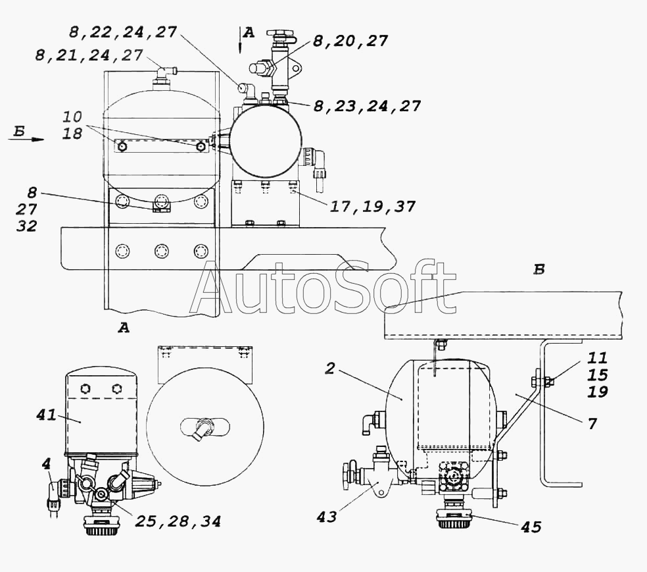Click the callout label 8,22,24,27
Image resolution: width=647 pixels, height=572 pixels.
[x=123, y=32]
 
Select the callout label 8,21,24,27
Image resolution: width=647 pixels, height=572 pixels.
[x=89, y=55]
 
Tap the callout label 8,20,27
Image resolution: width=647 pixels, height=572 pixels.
[x=350, y=41]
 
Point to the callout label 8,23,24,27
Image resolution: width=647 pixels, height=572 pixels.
[x=367, y=106]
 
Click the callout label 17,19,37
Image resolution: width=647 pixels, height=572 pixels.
[x=372, y=207]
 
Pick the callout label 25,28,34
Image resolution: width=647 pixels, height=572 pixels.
[x=178, y=521]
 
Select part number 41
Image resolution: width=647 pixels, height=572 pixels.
[x=46, y=415]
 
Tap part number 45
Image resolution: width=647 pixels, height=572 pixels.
[x=531, y=527]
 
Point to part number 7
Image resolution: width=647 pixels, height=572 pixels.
[x=592, y=424]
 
